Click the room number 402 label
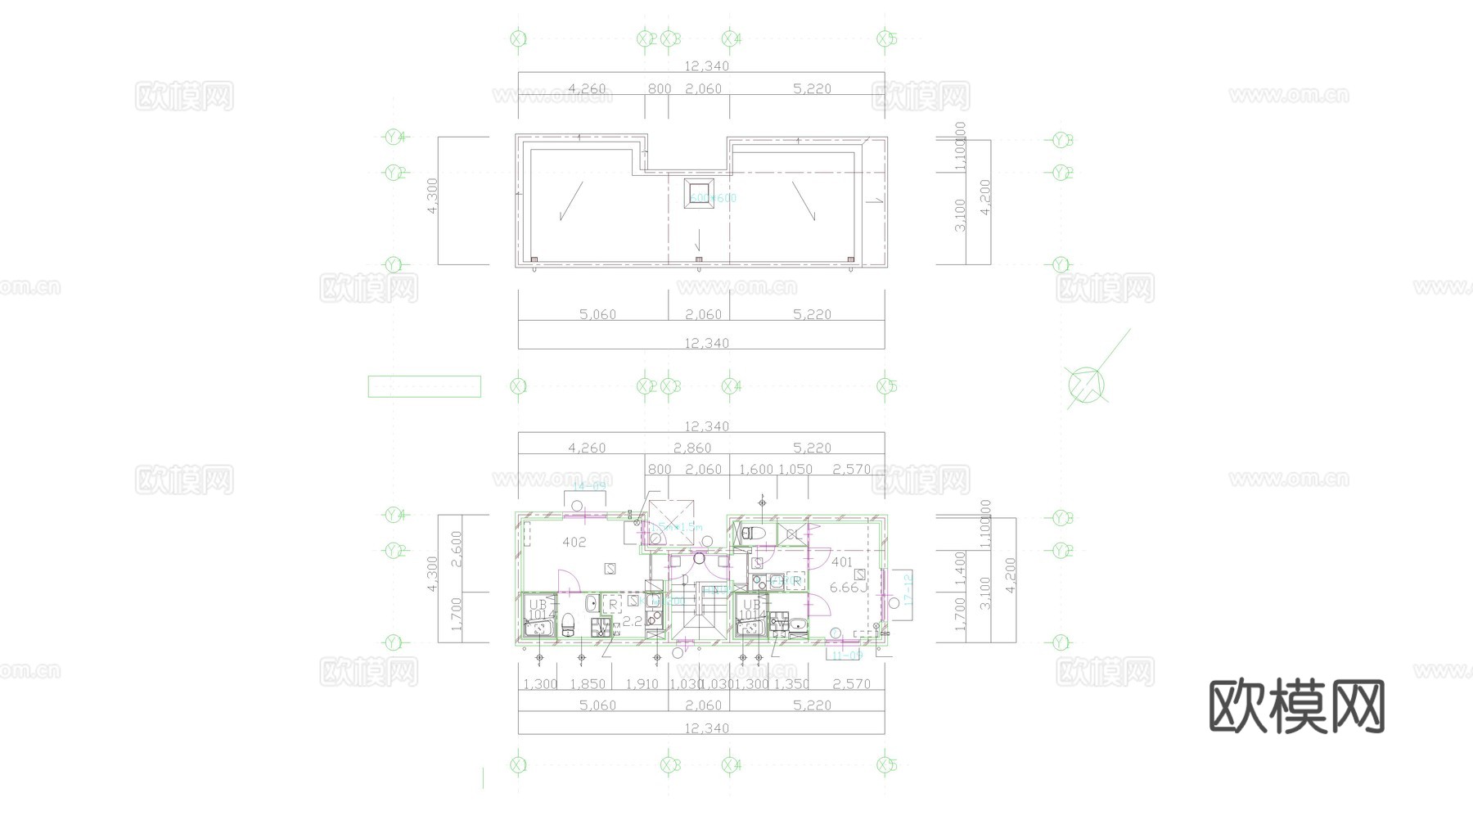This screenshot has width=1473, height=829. click(574, 543)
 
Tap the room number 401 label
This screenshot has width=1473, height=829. click(841, 562)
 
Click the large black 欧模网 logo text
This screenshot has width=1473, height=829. click(1296, 706)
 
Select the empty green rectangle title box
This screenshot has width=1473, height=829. click(424, 386)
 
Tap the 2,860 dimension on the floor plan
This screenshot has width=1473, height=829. click(692, 448)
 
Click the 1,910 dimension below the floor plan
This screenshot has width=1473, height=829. click(642, 684)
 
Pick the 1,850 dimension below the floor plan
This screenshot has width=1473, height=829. click(588, 684)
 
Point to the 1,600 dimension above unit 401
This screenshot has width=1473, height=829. click(755, 469)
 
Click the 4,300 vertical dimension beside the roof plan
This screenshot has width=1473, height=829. click(433, 196)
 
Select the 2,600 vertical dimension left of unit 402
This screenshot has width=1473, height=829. click(457, 548)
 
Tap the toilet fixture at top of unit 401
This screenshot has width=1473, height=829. click(750, 534)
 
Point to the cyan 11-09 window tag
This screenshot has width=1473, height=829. click(846, 656)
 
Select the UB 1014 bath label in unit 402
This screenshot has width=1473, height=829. click(538, 609)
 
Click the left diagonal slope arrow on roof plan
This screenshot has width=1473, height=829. click(570, 201)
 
